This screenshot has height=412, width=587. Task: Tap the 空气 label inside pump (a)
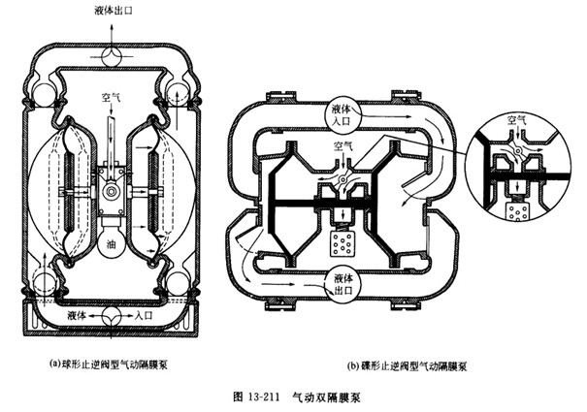coord(112,97)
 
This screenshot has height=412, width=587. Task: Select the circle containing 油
coord(111,245)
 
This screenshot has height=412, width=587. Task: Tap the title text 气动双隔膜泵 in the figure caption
coord(322,396)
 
